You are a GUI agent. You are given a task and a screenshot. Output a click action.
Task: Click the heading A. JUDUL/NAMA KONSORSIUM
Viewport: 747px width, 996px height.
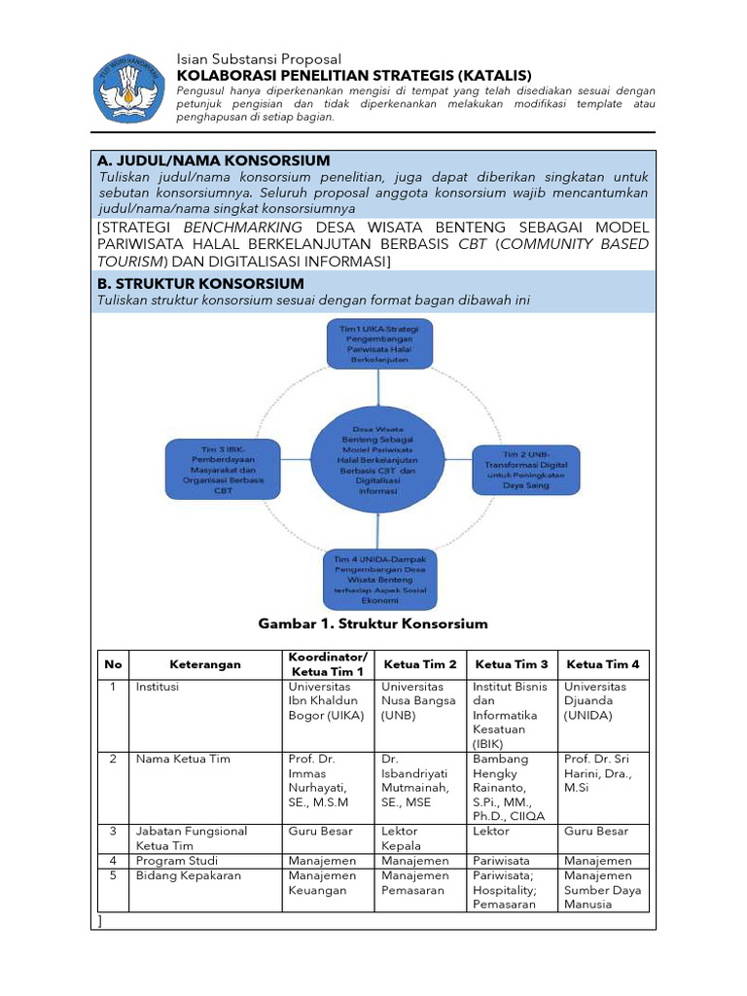[214, 160]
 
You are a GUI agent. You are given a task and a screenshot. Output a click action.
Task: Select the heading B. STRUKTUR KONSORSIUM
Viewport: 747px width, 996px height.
[200, 284]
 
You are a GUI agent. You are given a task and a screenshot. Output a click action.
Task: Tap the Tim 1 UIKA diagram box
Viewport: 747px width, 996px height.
[378, 343]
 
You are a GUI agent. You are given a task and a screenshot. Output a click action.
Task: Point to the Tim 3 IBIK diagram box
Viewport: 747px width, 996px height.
[223, 470]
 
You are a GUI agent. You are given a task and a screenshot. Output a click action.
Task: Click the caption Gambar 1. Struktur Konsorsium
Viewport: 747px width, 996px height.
[373, 623]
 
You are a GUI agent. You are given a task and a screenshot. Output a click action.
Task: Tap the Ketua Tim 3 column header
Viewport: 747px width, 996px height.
[512, 664]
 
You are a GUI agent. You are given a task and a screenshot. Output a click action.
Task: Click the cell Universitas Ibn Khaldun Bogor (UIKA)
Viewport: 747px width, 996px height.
[326, 700]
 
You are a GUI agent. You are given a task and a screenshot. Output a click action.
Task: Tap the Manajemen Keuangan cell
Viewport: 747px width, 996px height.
[323, 882]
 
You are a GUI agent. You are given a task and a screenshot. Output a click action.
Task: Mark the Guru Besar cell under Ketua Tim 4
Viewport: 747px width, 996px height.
[596, 832]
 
